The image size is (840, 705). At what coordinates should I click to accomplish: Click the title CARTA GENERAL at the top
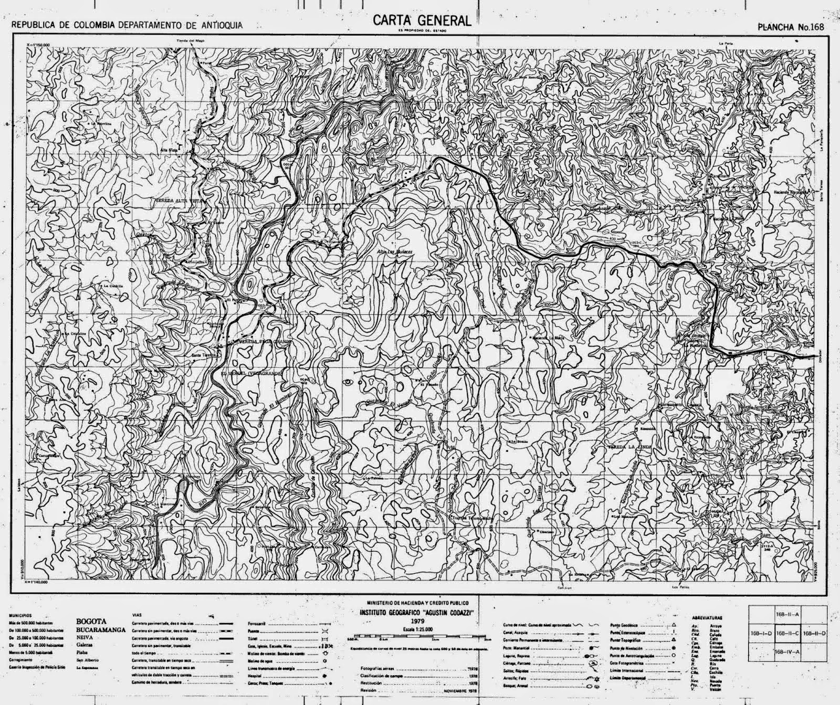tap(422, 20)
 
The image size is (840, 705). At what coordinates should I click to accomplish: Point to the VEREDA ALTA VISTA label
tap(178, 201)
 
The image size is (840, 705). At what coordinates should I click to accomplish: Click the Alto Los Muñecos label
tap(396, 252)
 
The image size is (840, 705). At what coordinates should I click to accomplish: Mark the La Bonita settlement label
tap(517, 442)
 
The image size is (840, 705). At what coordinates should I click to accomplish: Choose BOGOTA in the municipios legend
tap(91, 621)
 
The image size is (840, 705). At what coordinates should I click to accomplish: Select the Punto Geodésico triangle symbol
tap(673, 625)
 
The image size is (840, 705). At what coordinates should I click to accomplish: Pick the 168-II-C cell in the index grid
tap(787, 633)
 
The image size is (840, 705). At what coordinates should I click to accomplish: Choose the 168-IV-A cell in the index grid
tap(787, 653)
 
